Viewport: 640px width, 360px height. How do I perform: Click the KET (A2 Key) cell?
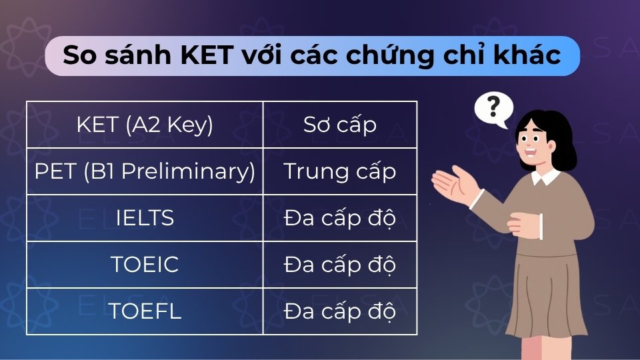pyautogui.click(x=145, y=125)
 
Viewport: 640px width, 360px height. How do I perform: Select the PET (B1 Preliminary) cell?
pyautogui.click(x=145, y=171)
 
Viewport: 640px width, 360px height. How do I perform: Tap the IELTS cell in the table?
pyautogui.click(x=145, y=218)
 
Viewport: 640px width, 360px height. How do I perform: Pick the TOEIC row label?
pyautogui.click(x=145, y=265)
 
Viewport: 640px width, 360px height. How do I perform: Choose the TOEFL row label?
pyautogui.click(x=145, y=311)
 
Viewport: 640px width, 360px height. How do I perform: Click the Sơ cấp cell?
pyautogui.click(x=340, y=125)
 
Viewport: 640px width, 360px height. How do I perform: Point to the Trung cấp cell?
pyautogui.click(x=340, y=171)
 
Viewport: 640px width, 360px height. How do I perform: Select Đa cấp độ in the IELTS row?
pyautogui.click(x=340, y=218)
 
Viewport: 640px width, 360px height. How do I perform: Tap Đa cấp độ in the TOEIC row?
pyautogui.click(x=340, y=265)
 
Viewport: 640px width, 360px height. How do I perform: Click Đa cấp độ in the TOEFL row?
pyautogui.click(x=340, y=311)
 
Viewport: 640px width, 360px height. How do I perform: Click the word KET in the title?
pyautogui.click(x=205, y=56)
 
